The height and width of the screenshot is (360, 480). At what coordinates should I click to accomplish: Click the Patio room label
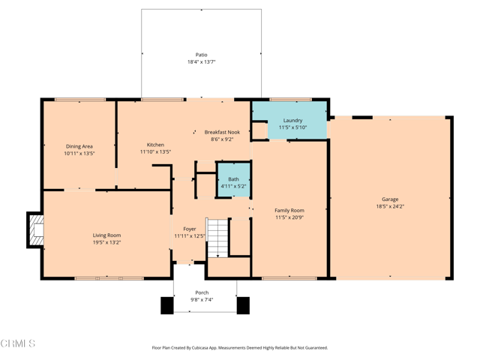click(x=201, y=55)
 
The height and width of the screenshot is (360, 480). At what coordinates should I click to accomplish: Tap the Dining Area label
click(x=79, y=146)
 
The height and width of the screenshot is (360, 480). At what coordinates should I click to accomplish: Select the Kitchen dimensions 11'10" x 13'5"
click(x=155, y=152)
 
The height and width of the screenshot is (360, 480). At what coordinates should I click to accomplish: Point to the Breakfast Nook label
click(x=222, y=132)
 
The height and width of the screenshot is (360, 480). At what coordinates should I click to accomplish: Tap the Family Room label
click(x=289, y=211)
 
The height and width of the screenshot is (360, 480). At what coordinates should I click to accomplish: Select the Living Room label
click(x=106, y=235)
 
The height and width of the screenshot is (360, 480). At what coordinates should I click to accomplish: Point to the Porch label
click(x=202, y=292)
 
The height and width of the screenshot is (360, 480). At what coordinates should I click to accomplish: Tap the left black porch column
click(x=166, y=305)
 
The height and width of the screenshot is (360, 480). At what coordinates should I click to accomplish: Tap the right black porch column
click(x=242, y=305)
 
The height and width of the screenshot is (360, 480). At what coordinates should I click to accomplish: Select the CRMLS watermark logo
click(x=18, y=343)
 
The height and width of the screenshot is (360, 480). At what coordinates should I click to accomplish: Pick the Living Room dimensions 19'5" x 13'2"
click(x=106, y=242)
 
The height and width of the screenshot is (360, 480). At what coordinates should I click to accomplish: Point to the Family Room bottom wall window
click(x=289, y=278)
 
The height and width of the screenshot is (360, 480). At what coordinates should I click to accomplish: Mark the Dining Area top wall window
click(x=79, y=100)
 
